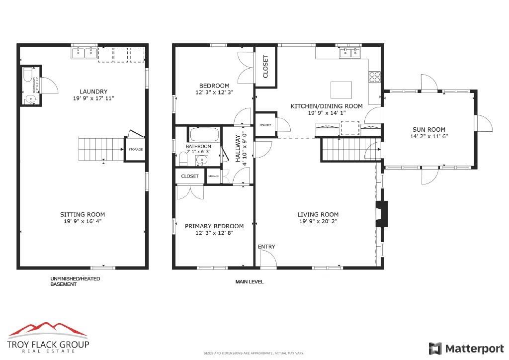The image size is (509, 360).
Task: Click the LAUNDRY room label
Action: click(93, 91)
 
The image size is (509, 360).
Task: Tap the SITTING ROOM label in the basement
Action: click(83, 215)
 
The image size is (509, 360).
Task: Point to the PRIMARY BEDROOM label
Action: click(214, 226)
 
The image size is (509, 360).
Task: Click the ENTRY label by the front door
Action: click(266, 247)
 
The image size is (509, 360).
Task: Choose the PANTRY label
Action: click(265, 125)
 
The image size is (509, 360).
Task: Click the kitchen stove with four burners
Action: click(374, 77)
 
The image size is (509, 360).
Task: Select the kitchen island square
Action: click(341, 90)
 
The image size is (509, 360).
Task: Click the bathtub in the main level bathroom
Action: click(204, 135)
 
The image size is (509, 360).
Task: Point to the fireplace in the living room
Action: click(381, 214)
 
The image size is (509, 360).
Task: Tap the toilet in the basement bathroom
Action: click(28, 77)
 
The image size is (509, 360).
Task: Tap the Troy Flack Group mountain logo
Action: click(48, 330)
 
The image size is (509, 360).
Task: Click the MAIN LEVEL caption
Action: click(249, 282)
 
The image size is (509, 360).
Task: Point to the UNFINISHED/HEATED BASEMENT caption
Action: click(75, 281)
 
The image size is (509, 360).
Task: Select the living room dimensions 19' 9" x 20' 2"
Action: click(319, 221)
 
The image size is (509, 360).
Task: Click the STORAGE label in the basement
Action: click(135, 150)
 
